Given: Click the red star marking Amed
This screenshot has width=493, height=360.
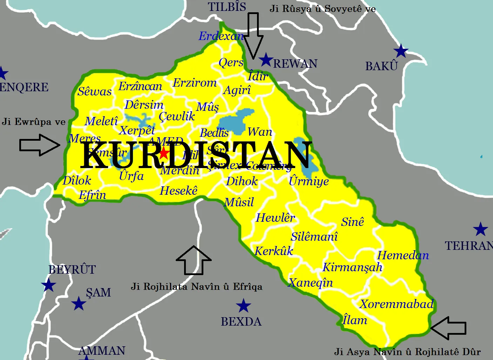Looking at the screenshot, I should [164, 153].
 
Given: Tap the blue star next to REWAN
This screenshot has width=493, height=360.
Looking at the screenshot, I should [266, 60].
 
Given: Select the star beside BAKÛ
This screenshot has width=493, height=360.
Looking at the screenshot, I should [401, 51].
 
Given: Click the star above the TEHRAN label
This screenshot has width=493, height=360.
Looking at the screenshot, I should [480, 229].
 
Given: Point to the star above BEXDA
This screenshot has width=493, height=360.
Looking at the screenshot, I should [243, 306].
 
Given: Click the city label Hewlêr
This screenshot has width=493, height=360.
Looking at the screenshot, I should [275, 218].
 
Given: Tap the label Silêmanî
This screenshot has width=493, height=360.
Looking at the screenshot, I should [314, 237].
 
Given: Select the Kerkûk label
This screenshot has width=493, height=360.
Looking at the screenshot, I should [273, 251].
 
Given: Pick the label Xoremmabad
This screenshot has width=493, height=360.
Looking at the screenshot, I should [397, 304].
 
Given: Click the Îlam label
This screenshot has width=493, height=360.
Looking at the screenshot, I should [355, 320].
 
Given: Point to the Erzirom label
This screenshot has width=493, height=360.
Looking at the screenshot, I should [195, 83].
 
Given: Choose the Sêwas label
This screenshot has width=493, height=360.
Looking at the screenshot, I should [94, 92].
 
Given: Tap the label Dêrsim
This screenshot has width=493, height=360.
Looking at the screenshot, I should [144, 105].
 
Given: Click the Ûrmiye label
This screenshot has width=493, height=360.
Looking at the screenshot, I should [309, 181].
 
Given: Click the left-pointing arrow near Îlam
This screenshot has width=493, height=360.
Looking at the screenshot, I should [448, 328].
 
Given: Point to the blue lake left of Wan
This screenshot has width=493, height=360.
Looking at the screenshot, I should [235, 121].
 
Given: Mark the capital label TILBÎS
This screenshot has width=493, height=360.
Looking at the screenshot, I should [227, 7].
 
